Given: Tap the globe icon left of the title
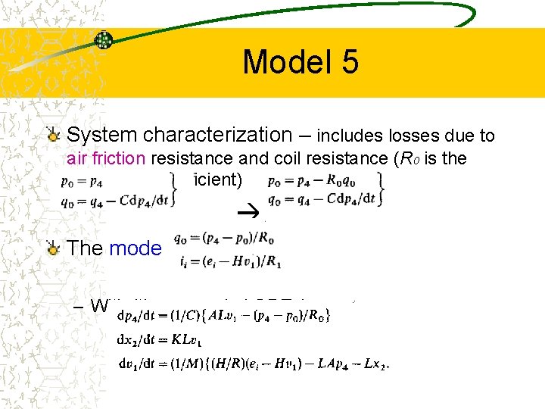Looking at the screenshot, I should [103, 40].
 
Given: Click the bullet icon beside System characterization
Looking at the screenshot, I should [53, 136].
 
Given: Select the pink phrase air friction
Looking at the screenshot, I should [106, 159].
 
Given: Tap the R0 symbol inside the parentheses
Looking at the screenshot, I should [411, 160].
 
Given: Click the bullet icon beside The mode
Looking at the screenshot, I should [53, 248].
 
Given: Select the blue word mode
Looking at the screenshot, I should [135, 248].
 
